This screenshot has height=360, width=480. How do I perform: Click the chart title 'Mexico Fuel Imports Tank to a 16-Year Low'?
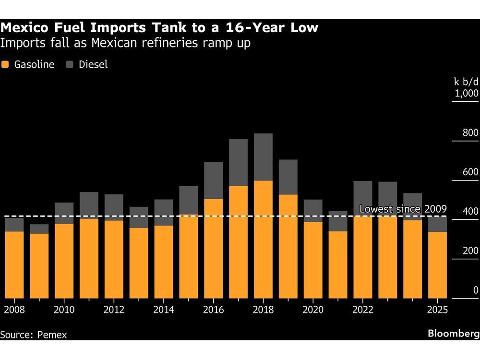coord(159,28)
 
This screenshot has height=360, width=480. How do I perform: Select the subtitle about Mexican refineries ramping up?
coord(126,43)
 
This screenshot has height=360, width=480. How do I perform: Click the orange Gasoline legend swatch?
coord(6,65)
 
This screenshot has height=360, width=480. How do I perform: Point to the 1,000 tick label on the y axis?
coord(466,93)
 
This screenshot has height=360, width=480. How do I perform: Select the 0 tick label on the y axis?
coord(475,290)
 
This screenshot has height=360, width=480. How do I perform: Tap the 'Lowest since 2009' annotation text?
coord(403,209)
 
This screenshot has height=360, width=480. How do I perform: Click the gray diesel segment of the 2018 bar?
coord(263,157)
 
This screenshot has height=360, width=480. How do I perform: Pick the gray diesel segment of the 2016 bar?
coord(213,180)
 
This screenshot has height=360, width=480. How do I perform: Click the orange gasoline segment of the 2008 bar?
coord(14,264)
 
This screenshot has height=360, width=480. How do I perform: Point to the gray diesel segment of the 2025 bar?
coord(437,224)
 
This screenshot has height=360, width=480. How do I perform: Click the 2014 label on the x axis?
coord(164,310)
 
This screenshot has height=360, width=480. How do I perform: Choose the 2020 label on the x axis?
coord(313,310)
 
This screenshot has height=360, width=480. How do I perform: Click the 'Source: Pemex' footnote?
coord(34,335)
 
